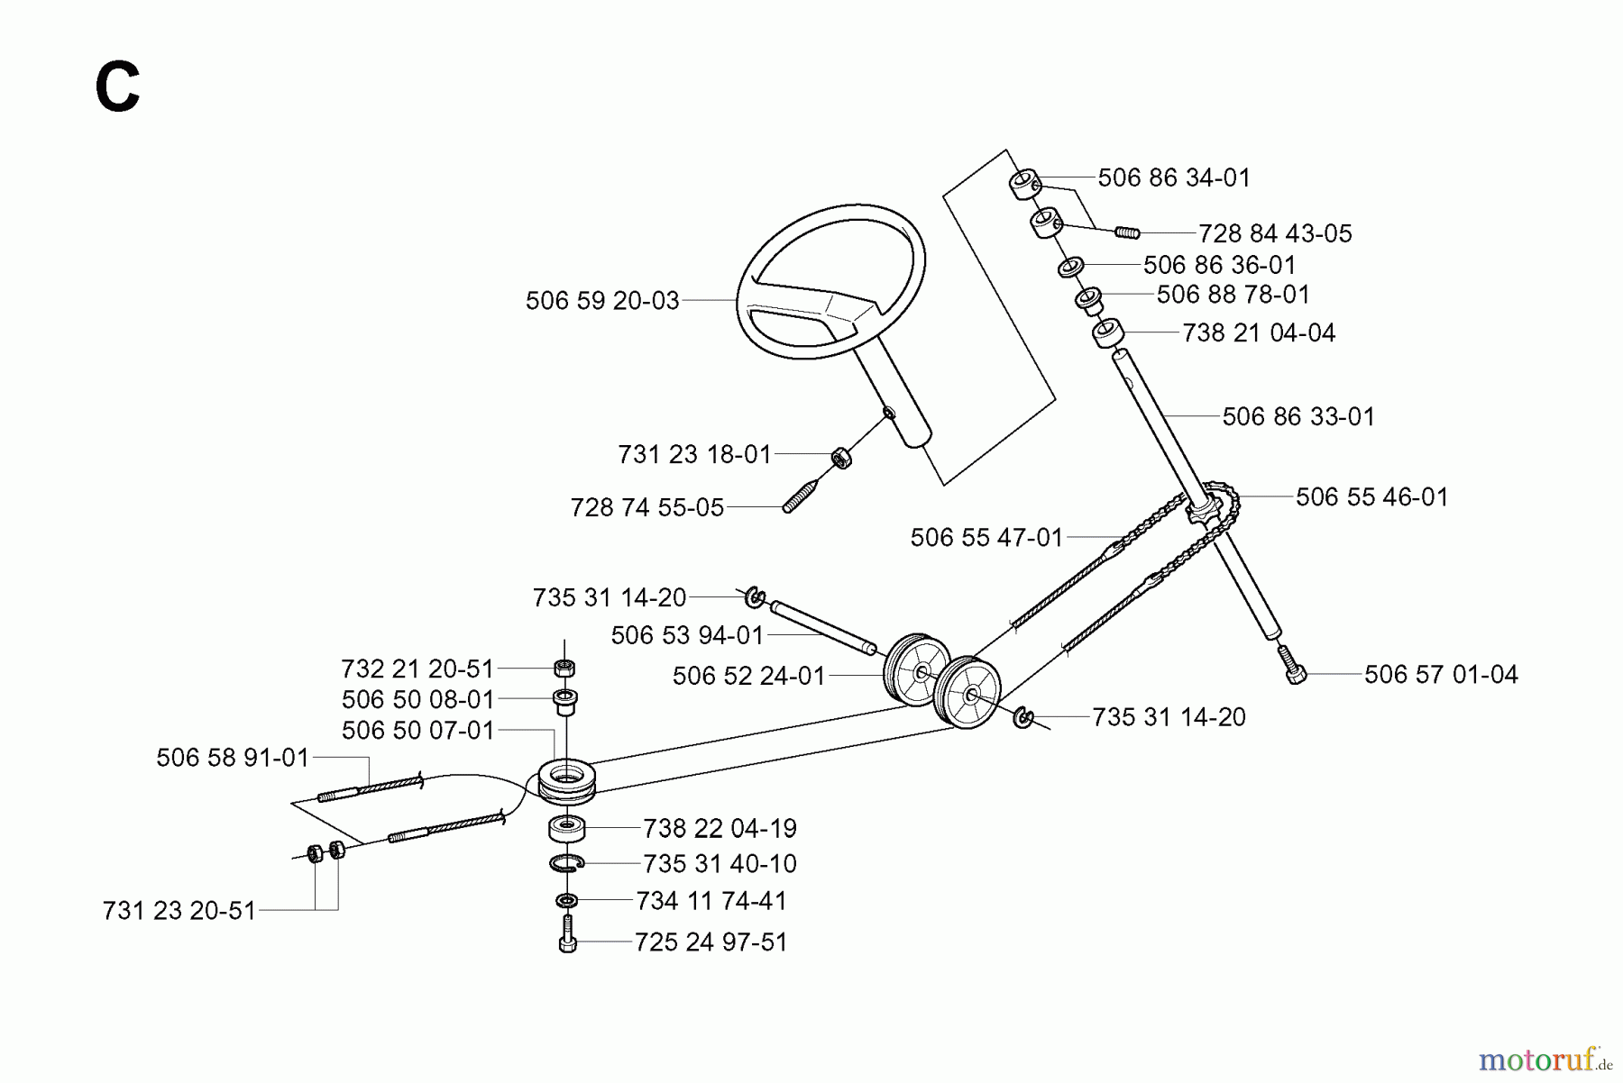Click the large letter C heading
[117, 87]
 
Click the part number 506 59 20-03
[602, 301]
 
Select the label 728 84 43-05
[1275, 234]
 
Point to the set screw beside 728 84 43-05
[1127, 232]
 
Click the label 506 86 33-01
[1298, 417]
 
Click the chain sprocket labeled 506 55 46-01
[1204, 514]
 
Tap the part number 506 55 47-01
[986, 538]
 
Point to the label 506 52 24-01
[748, 677]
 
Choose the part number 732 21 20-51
[417, 669]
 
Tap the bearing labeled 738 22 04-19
[566, 826]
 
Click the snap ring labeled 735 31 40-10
[566, 864]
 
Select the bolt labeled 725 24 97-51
[567, 938]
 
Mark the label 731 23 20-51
[179, 911]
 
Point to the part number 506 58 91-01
[233, 758]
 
